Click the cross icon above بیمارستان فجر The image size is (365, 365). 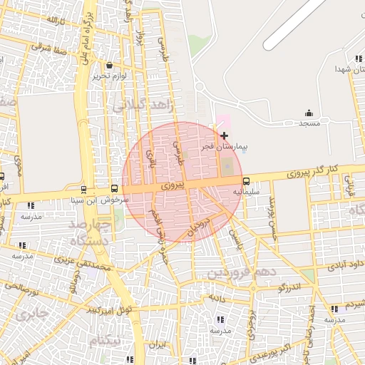click(225, 135)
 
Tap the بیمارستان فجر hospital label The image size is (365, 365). click(225, 147)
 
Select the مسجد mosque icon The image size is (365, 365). click(308, 113)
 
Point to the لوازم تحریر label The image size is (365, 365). click(109, 76)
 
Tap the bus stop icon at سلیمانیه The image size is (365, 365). click(247, 181)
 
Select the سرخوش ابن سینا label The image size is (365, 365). click(103, 200)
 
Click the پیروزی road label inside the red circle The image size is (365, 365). click(173, 185)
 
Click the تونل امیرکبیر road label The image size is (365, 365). click(106, 310)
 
